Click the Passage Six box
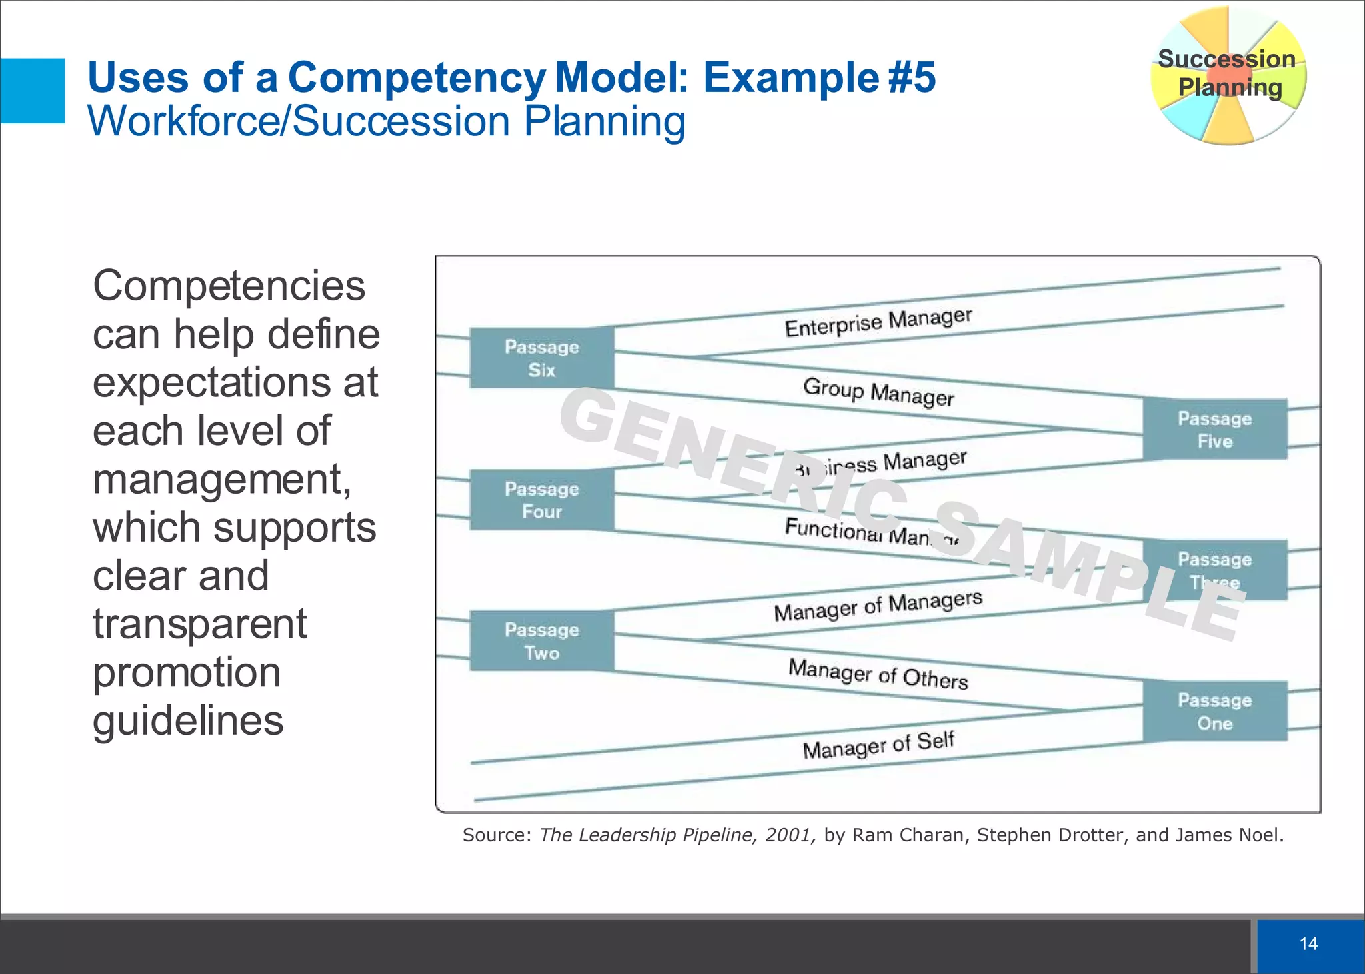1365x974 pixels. click(x=541, y=358)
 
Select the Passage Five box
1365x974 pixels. click(x=1214, y=429)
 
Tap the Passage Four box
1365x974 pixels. click(x=541, y=500)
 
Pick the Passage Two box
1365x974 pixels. click(x=541, y=640)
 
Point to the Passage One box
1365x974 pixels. click(x=1214, y=711)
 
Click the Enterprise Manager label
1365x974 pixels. click(x=878, y=322)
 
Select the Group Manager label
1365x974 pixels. click(x=878, y=392)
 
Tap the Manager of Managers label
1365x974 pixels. click(x=878, y=606)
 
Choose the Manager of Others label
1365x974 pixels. click(x=878, y=674)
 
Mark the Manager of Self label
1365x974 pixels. click(x=878, y=745)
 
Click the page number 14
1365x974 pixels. click(x=1308, y=943)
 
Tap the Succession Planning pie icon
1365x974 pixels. click(x=1228, y=75)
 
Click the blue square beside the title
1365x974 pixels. click(x=33, y=91)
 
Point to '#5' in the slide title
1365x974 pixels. click(x=912, y=77)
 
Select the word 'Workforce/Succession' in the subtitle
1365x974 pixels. click(x=299, y=121)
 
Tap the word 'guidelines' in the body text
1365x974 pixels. click(x=188, y=721)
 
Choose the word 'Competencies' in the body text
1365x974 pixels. click(x=229, y=286)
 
